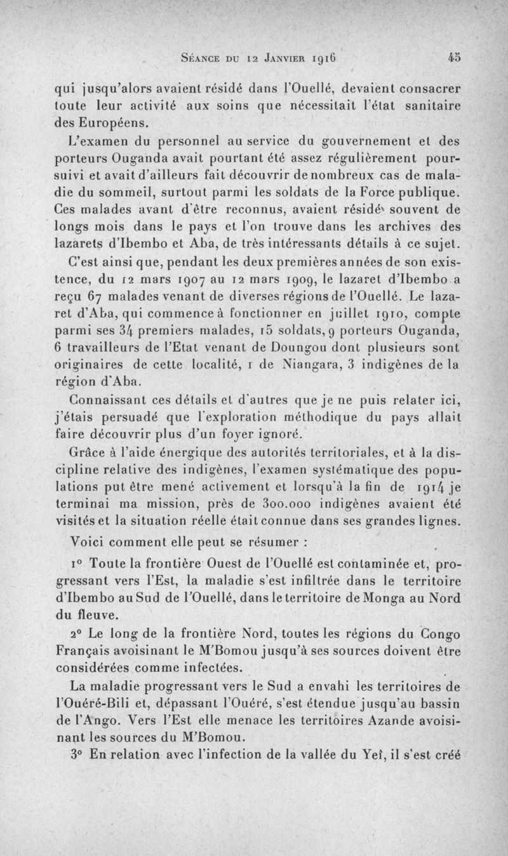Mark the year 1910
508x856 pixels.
(407, 313)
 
